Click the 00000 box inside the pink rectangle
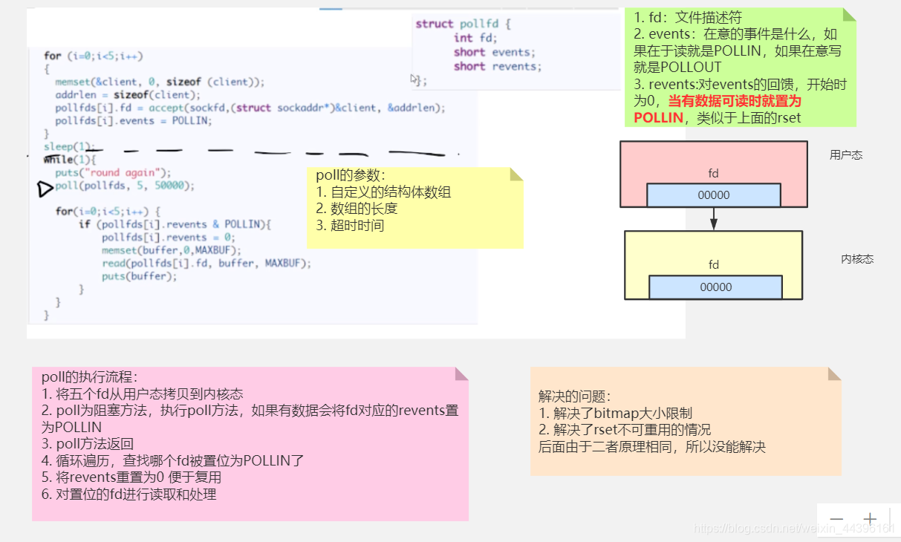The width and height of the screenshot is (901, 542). click(714, 195)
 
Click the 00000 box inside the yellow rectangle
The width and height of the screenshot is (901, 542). click(715, 287)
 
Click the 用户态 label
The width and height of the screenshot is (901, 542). click(846, 155)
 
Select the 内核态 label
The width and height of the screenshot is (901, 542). click(857, 259)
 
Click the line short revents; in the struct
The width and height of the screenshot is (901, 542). click(498, 66)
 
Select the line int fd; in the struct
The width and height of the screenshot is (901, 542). click(475, 38)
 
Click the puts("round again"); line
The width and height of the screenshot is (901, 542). click(113, 172)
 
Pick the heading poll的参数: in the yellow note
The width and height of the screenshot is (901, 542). click(351, 176)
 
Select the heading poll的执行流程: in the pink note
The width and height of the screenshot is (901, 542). click(89, 377)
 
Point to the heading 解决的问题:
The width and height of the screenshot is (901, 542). click(575, 396)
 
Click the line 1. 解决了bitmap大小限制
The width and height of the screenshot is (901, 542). click(615, 414)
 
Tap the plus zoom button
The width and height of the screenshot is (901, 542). click(870, 519)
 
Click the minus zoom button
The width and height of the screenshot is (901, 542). click(837, 519)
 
